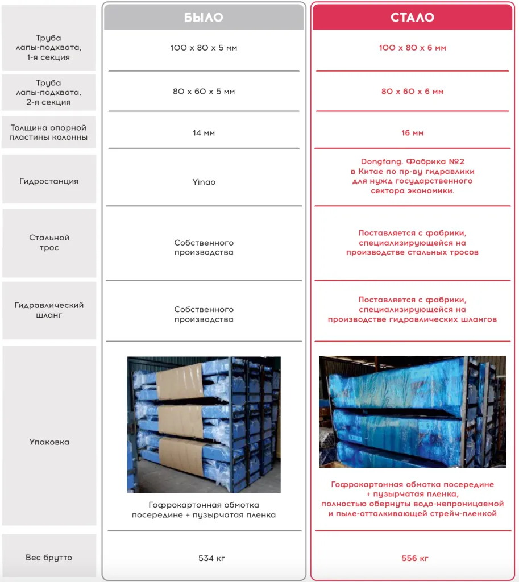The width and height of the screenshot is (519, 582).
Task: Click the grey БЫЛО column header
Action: coord(204,18)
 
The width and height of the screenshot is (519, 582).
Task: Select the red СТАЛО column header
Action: coord(412,18)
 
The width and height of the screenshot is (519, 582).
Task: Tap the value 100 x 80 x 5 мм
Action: coord(204,48)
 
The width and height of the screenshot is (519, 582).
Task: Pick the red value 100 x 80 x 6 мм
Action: coord(412,48)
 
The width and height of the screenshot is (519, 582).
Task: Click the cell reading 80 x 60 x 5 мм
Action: coord(204,92)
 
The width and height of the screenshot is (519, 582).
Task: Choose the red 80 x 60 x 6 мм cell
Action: coord(412,92)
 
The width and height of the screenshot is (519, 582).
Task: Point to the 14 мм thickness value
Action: coord(204,133)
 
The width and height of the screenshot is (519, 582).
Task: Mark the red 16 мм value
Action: coord(412,133)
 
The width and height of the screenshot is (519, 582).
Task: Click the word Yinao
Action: coord(204,182)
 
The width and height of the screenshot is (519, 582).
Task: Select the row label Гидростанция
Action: coord(49,181)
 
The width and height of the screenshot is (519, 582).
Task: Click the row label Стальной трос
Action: coord(49,243)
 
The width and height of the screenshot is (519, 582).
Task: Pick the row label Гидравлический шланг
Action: coord(49,310)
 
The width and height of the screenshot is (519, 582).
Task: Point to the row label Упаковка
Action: coord(49,442)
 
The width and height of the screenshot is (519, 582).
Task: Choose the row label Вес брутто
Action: coord(49,558)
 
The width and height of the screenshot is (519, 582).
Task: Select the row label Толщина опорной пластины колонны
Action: coord(49,132)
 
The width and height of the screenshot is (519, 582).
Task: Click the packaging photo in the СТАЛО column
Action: coord(412,411)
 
